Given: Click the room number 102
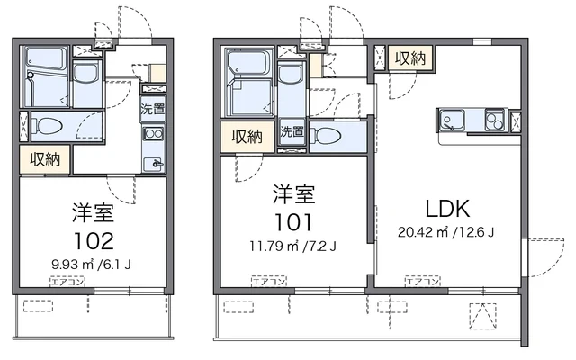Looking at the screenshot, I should (93, 241).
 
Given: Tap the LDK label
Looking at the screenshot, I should (447, 210).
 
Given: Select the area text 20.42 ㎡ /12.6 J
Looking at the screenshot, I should (447, 231).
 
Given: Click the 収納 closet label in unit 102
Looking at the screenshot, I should (45, 159).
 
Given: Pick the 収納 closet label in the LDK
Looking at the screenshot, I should (409, 58).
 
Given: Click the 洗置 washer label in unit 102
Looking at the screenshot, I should (152, 110).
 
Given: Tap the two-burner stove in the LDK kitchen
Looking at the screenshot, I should (496, 120).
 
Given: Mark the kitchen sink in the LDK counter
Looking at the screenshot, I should (451, 120).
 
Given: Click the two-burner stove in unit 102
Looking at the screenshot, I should (152, 135).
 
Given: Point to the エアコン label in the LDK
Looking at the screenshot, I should (422, 283).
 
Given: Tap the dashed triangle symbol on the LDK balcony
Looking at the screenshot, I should (482, 315).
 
